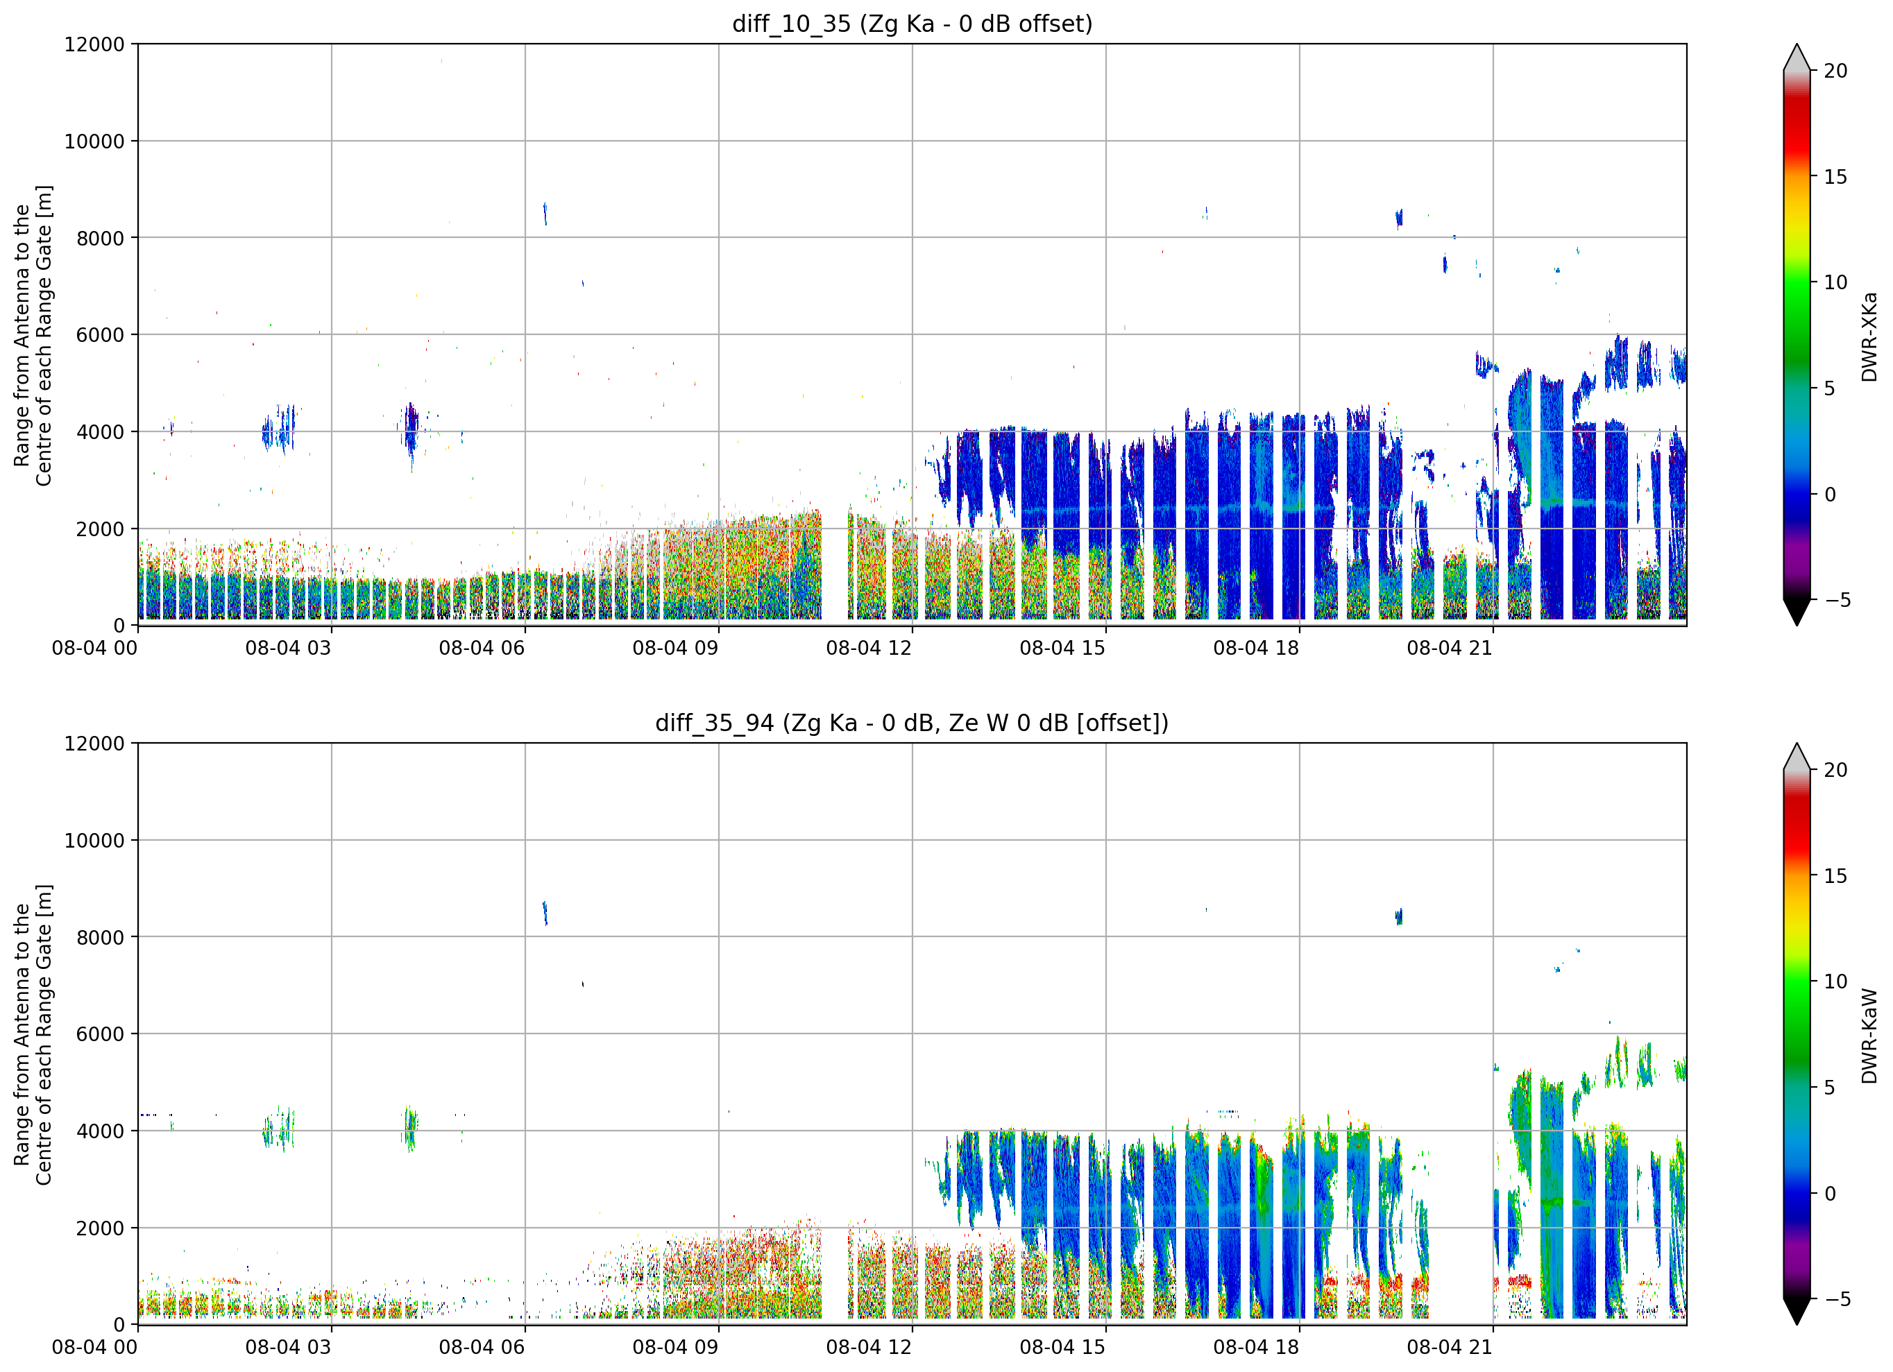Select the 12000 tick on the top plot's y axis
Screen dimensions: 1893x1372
click(94, 44)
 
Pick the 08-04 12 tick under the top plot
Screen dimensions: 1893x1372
click(869, 648)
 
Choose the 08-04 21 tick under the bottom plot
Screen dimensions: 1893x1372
click(1449, 1347)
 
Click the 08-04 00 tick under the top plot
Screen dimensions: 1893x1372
click(94, 648)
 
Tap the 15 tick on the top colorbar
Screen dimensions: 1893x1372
click(1835, 177)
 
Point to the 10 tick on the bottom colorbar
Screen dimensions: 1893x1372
click(1835, 981)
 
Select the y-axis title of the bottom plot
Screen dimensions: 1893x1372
click(33, 1035)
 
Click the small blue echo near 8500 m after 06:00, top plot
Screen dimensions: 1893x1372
click(545, 213)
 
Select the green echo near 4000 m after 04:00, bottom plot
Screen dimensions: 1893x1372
click(410, 1129)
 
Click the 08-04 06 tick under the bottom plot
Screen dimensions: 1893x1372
click(482, 1347)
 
